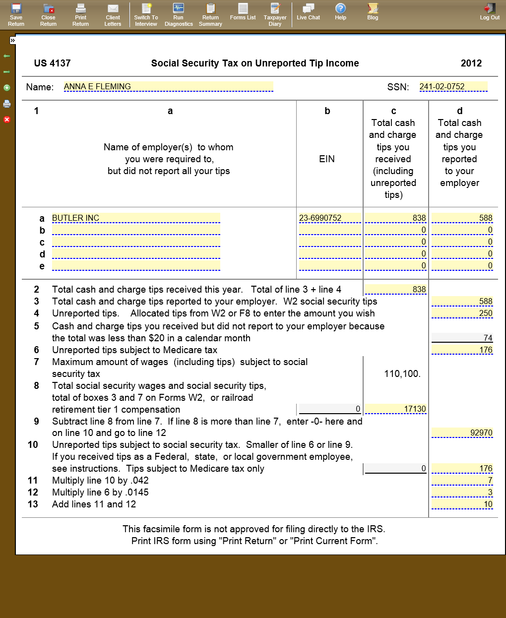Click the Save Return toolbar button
[16, 14]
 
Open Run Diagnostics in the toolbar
[179, 14]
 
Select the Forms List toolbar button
[243, 12]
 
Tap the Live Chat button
[308, 12]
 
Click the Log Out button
[490, 12]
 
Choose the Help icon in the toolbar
[340, 12]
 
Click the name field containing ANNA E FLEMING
[168, 87]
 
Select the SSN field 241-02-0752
[453, 87]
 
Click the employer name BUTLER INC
[135, 218]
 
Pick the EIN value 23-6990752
[330, 218]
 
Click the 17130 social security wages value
[395, 409]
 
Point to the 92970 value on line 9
[462, 433]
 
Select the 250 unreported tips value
[462, 313]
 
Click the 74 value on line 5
[462, 338]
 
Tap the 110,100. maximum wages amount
[402, 374]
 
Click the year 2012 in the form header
[471, 63]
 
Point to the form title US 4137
[52, 63]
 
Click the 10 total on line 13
[462, 504]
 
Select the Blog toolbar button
[373, 12]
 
